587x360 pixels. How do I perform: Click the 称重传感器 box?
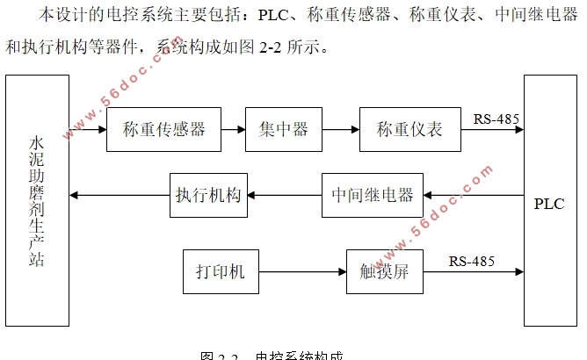(163, 130)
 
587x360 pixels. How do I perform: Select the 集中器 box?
(283, 130)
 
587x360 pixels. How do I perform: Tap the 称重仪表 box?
(409, 130)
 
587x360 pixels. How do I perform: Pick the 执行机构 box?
(207, 195)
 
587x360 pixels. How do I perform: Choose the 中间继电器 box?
(373, 195)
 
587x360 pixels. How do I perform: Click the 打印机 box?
(221, 271)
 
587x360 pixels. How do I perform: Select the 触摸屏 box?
(384, 271)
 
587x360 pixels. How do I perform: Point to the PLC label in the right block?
(549, 204)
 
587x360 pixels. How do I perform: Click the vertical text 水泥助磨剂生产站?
(36, 200)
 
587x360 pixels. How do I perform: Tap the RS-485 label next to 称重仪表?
(496, 119)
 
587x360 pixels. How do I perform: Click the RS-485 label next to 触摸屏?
(472, 261)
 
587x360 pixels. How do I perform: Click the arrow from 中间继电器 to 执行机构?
(285, 195)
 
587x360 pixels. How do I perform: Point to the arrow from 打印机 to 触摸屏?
(302, 271)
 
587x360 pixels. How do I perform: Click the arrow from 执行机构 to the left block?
(119, 195)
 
